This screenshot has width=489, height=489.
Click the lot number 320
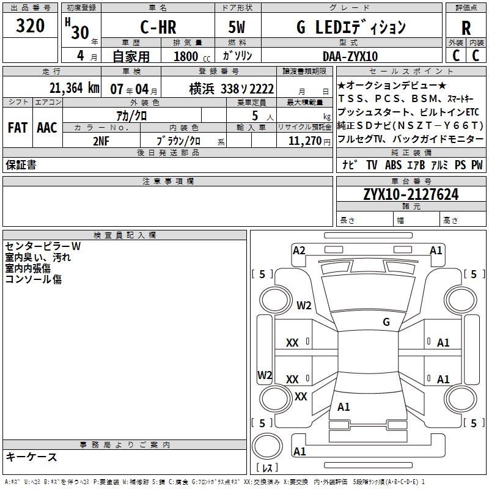pyautogui.click(x=30, y=25)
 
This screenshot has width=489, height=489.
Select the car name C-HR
pyautogui.click(x=158, y=27)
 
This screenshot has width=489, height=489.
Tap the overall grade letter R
pyautogui.click(x=466, y=28)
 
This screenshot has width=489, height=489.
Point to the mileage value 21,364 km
pyautogui.click(x=74, y=88)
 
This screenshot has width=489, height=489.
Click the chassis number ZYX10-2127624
pyautogui.click(x=411, y=194)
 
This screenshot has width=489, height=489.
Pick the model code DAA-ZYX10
pyautogui.click(x=350, y=56)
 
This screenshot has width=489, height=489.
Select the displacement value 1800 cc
pyautogui.click(x=192, y=57)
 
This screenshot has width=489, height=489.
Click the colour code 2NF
pyautogui.click(x=101, y=141)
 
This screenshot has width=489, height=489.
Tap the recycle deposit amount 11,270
pyautogui.click(x=305, y=141)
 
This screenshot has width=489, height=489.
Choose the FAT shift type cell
pyautogui.click(x=18, y=128)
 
